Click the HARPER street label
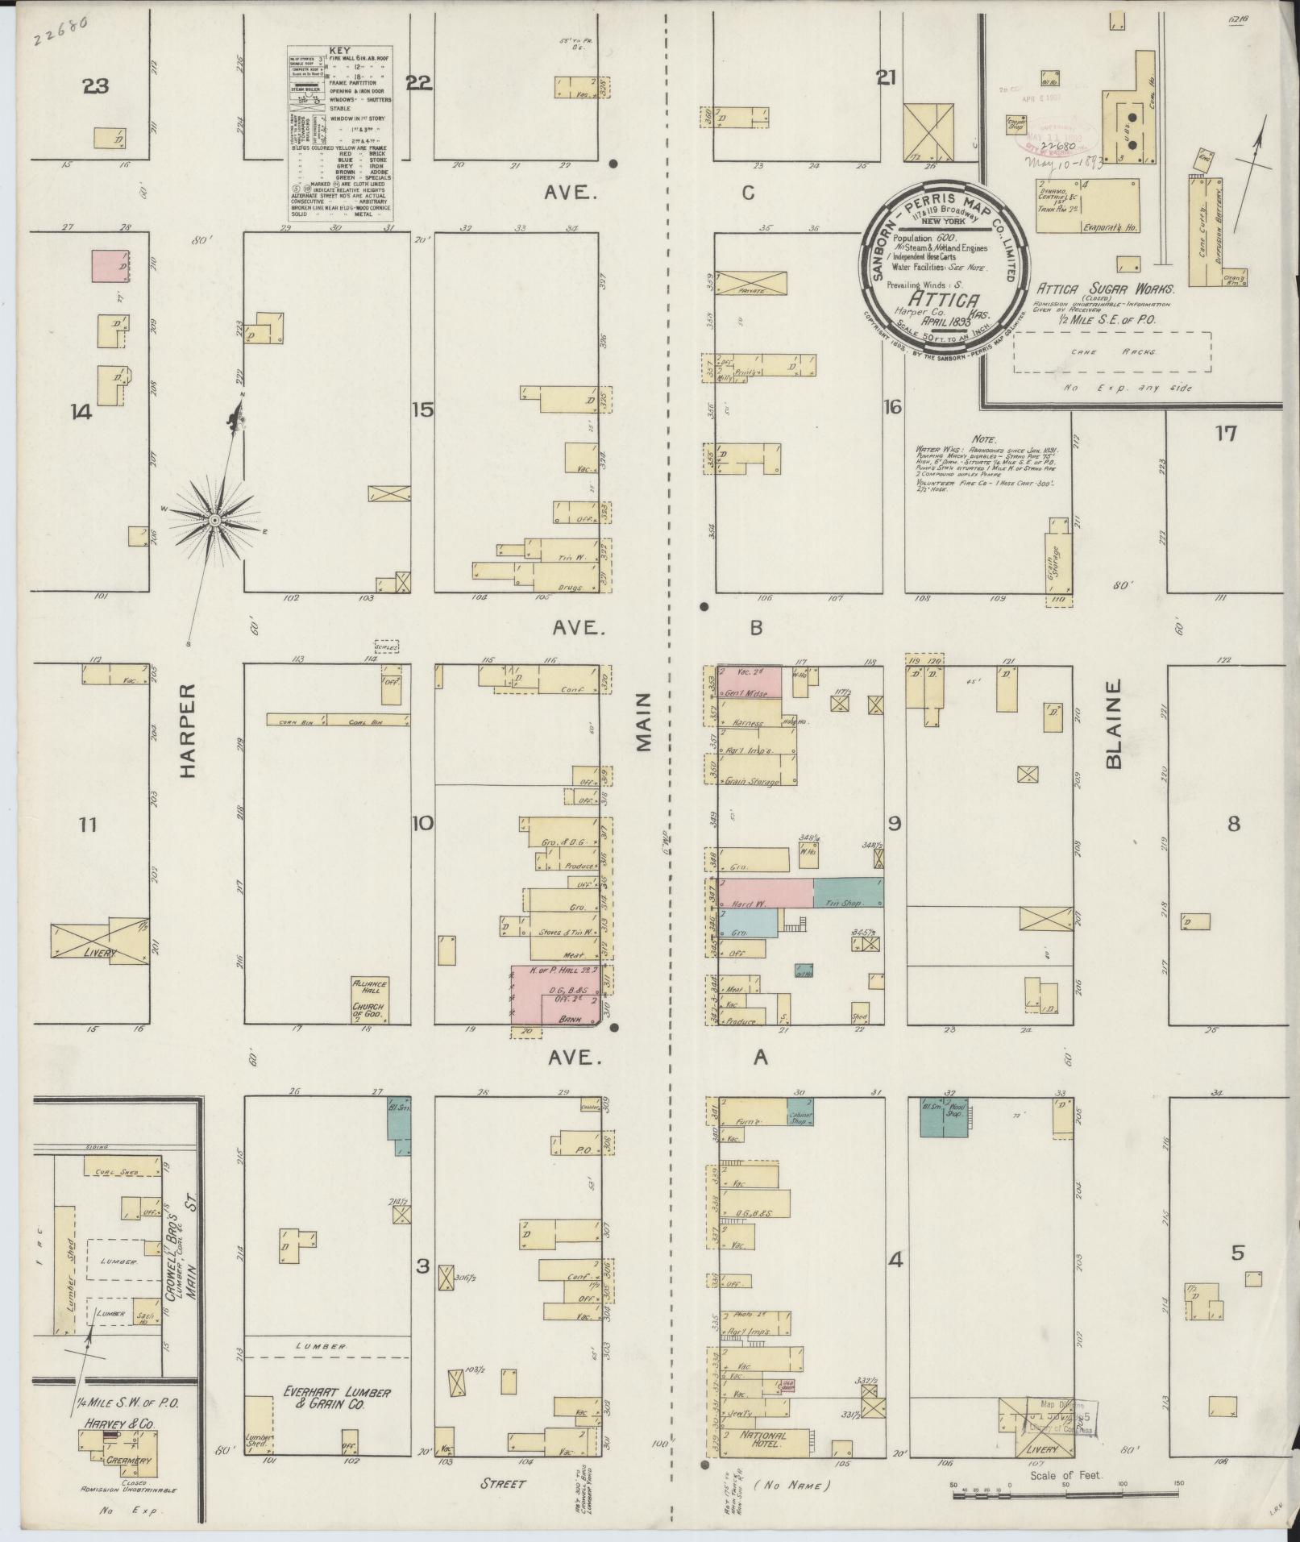tap(187, 732)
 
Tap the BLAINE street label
tap(1115, 724)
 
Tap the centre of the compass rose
tap(215, 522)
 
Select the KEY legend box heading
tap(340, 50)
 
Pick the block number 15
tap(422, 409)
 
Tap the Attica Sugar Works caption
tap(1105, 288)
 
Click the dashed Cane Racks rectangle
tap(1111, 352)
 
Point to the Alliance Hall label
tap(369, 989)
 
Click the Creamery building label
tap(123, 1460)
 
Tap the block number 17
tap(1225, 434)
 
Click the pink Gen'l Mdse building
tap(750, 682)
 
